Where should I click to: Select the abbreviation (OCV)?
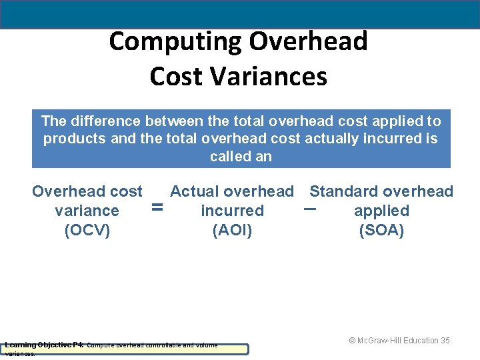[87, 231]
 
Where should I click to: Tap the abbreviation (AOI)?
[231, 231]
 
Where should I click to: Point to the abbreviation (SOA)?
[381, 231]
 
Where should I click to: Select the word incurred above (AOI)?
[232, 211]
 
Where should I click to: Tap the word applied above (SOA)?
[381, 211]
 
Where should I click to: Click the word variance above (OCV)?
[87, 211]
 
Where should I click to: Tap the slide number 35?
[445, 341]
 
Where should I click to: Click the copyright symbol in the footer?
[353, 341]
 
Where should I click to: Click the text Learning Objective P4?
[43, 345]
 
